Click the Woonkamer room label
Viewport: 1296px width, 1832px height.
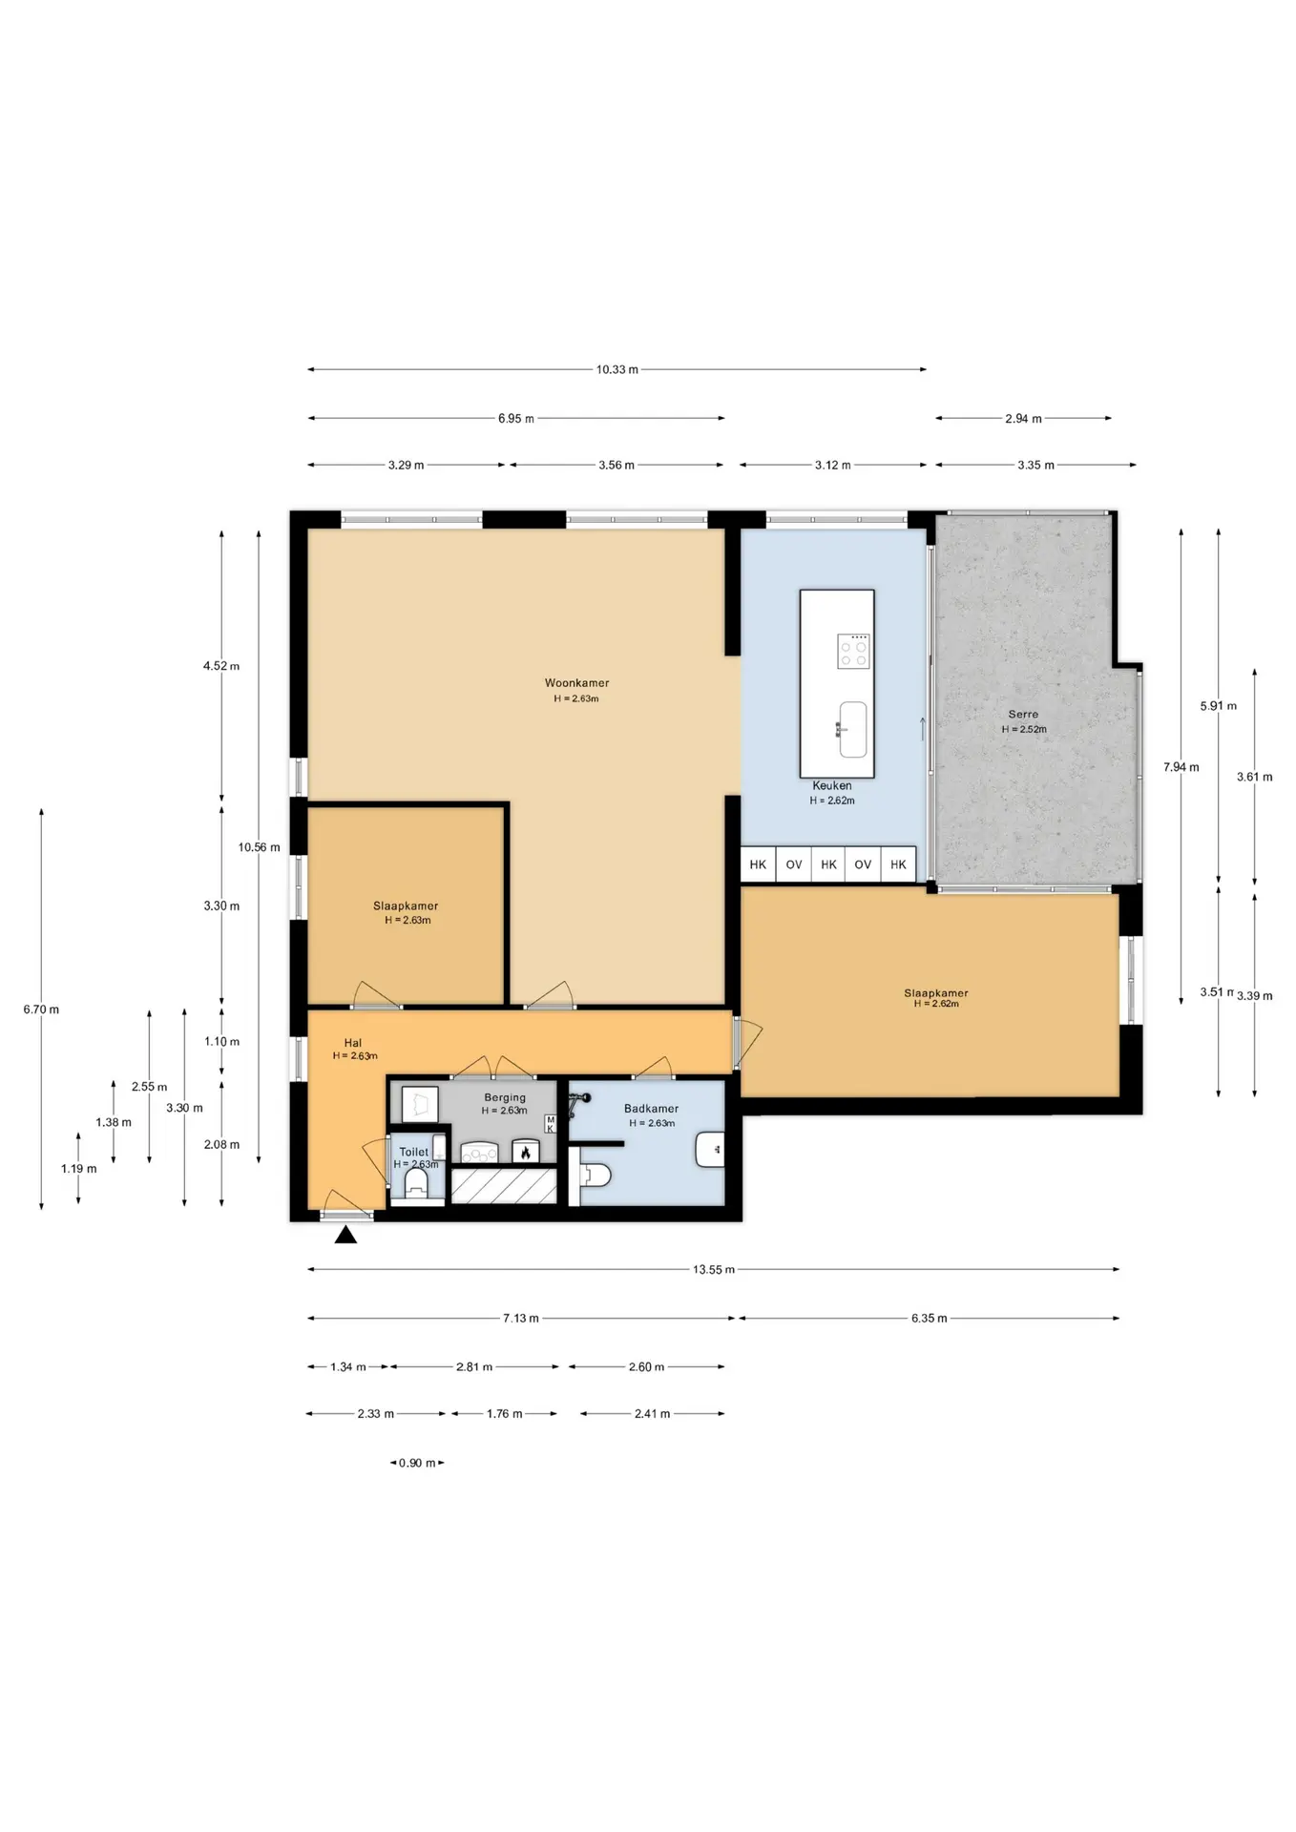(x=576, y=683)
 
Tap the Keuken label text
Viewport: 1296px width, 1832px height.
(x=832, y=786)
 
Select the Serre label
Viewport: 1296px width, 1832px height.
(x=1023, y=714)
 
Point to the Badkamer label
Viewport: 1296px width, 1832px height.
(x=652, y=1109)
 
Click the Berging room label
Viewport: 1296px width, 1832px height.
(x=505, y=1097)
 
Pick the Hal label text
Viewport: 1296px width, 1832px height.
(x=353, y=1043)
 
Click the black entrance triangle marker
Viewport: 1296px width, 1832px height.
(x=345, y=1235)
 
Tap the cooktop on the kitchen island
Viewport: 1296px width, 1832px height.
(x=853, y=652)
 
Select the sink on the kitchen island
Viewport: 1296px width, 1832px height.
(x=852, y=730)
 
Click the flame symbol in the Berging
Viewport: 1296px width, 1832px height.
(x=525, y=1153)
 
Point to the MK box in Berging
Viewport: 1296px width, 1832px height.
(x=550, y=1124)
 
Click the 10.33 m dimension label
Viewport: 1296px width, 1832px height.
(x=617, y=369)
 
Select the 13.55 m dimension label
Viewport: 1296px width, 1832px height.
(x=714, y=1270)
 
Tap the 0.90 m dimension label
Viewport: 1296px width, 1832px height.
(x=417, y=1463)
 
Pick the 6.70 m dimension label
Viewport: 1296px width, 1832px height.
(x=41, y=1010)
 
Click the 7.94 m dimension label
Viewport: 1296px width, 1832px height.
(x=1181, y=767)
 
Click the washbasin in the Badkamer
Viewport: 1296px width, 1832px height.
(x=709, y=1150)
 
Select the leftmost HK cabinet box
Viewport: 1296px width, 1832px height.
(x=758, y=864)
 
